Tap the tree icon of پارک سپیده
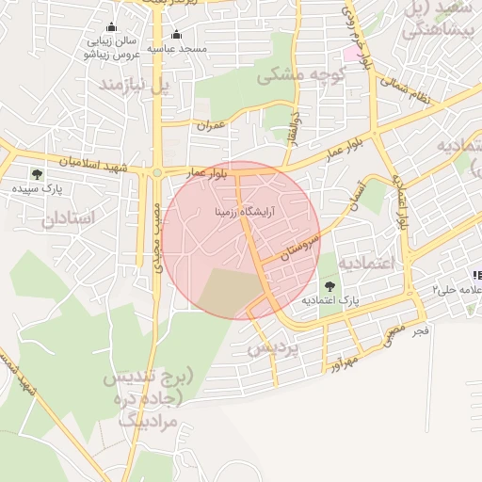pos(37,174)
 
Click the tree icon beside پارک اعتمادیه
pos(329,285)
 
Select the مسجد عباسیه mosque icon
pos(177,35)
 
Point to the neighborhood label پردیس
pos(272,347)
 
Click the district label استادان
pos(69,218)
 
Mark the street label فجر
pos(421,331)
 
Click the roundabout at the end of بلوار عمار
pos(157,173)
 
